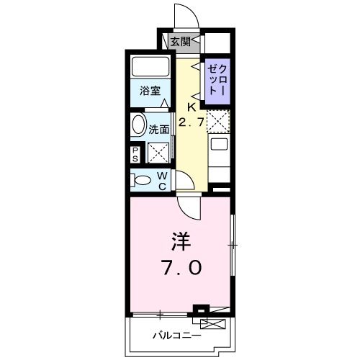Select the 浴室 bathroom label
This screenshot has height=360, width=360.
pos(150,92)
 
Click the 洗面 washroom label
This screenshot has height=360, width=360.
pos(159,130)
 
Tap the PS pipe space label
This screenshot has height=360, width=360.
pos(135,153)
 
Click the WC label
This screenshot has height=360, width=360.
pos(163,181)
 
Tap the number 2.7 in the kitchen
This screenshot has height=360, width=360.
pos(191,123)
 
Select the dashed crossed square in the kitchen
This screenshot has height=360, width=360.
pos(217,120)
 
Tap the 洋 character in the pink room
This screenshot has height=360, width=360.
pos(180,240)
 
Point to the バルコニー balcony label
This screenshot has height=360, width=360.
pos(176,335)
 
